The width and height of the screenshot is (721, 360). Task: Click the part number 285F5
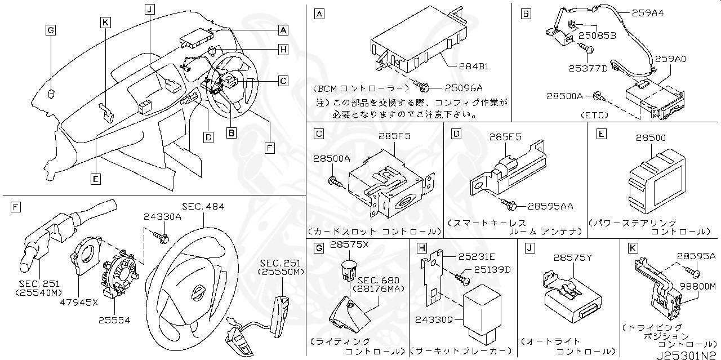(394, 136)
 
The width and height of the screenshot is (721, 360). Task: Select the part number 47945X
(79, 302)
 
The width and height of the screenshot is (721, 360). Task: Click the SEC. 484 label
(203, 207)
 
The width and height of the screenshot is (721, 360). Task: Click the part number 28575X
(349, 245)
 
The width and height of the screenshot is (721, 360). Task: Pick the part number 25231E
(477, 256)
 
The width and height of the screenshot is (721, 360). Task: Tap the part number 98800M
(698, 286)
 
